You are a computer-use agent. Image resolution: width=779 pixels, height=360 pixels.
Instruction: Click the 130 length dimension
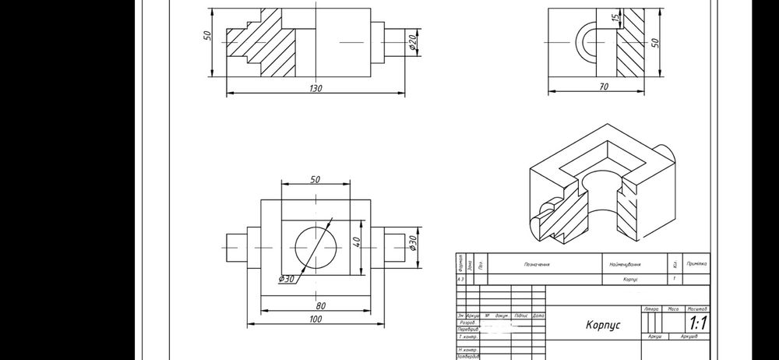tap(315, 89)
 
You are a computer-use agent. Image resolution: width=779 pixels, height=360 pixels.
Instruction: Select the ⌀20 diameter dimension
tap(413, 44)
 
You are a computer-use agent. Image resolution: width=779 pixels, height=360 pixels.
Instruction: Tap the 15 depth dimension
tap(614, 18)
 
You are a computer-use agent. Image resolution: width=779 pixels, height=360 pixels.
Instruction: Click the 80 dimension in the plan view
tap(320, 305)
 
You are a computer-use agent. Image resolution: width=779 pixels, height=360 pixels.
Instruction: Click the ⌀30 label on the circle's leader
tap(287, 278)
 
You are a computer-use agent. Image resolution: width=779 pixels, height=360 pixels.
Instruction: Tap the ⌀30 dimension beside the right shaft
tap(413, 244)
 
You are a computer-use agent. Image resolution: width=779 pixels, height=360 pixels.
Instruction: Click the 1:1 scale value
tap(695, 322)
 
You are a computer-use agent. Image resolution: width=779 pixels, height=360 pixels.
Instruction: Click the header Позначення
tap(537, 264)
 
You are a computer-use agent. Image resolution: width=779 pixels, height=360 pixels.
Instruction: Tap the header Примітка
tap(696, 264)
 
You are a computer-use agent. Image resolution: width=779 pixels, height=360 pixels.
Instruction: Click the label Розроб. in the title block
tap(468, 322)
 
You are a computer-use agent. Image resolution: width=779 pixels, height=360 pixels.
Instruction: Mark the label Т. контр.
tap(469, 337)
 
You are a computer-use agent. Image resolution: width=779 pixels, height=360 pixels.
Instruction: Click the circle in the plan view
tap(316, 244)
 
